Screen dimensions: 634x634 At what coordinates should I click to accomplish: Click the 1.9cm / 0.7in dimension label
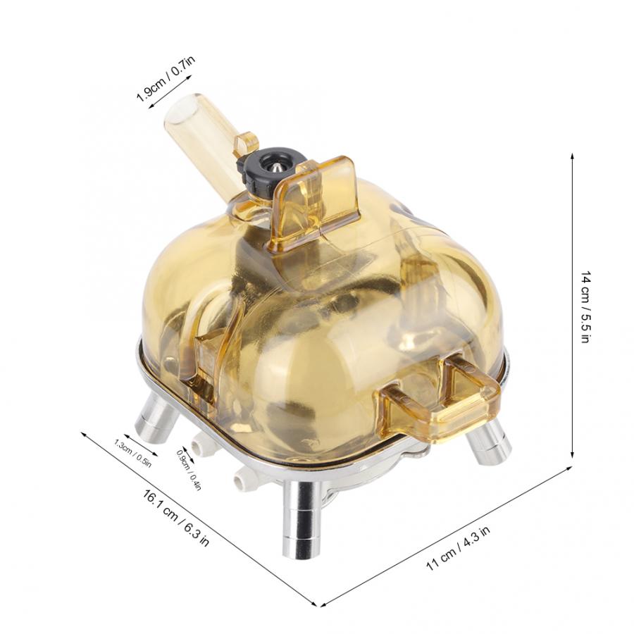pos(166,78)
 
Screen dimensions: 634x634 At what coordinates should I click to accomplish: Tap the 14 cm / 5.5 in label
pos(586,308)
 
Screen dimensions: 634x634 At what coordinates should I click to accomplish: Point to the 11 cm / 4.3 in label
pos(458,548)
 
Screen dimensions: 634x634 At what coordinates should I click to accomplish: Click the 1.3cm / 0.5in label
pos(132,453)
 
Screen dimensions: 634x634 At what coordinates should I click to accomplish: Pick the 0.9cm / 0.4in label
pos(189,470)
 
